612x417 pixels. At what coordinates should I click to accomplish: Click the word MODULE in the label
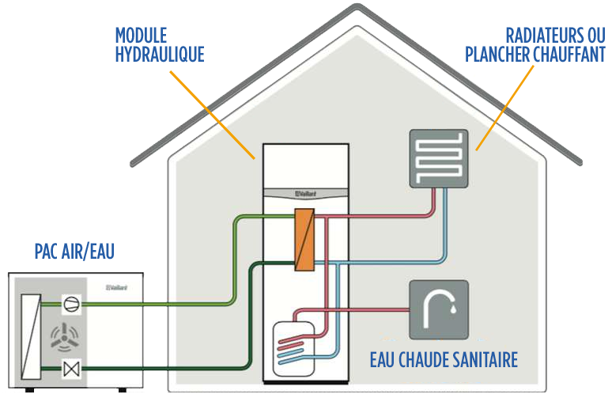coord(140,35)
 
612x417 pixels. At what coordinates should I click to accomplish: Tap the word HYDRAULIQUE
coord(159,55)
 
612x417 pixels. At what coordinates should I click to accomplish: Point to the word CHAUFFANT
coord(569,55)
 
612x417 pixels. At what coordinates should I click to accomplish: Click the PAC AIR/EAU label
coord(74,252)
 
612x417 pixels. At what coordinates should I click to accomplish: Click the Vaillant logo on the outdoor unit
coord(117,287)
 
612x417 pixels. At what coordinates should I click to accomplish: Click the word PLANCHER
coord(497,55)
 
